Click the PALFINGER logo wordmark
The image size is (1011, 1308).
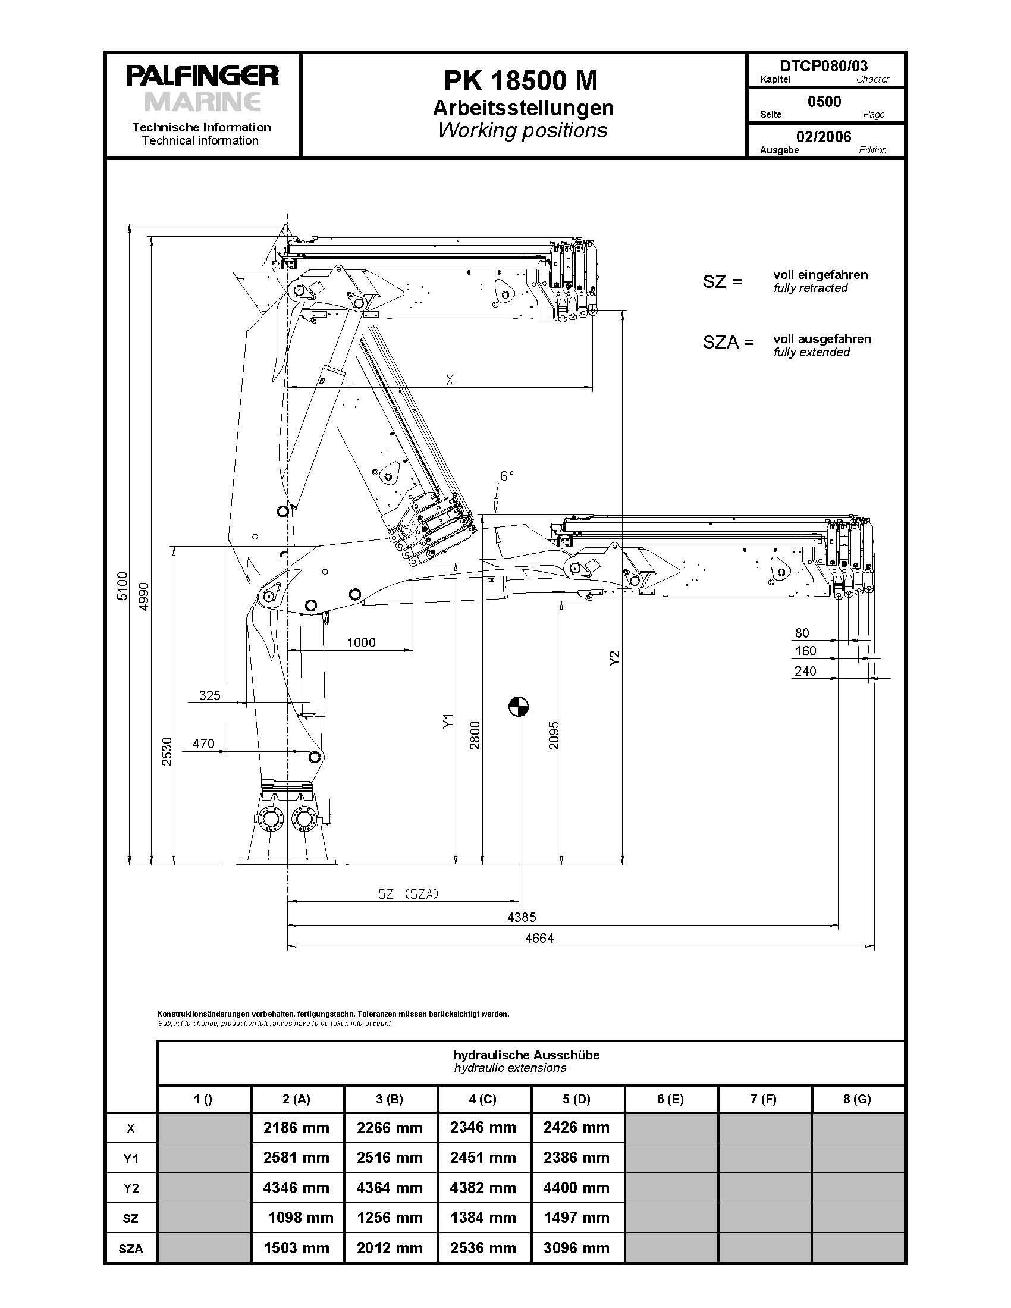[x=202, y=76]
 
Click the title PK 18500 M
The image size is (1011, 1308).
[x=520, y=81]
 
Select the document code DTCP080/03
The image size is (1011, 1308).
[x=824, y=65]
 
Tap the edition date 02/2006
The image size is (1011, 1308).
[x=824, y=137]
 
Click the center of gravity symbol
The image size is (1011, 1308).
[x=519, y=707]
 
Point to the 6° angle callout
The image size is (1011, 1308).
[x=507, y=475]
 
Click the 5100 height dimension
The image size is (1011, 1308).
[x=122, y=586]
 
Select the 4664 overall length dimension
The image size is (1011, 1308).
[x=539, y=938]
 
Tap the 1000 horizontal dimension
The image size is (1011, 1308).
[x=361, y=642]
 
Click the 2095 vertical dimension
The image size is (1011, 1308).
[x=554, y=735]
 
